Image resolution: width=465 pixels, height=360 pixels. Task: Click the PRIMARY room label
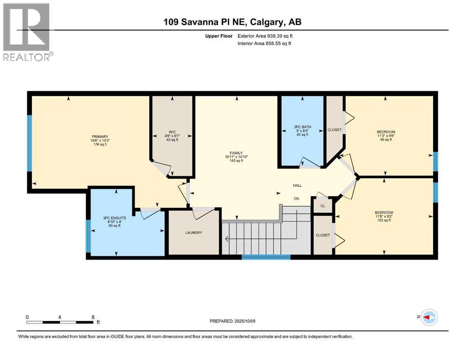click(100, 137)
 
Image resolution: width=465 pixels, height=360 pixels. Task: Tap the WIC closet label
click(172, 132)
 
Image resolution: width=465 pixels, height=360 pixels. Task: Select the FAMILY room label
click(236, 153)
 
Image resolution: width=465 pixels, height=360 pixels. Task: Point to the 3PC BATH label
click(302, 127)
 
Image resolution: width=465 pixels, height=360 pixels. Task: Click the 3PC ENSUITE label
click(114, 218)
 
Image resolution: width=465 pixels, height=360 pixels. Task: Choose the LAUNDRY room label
click(194, 232)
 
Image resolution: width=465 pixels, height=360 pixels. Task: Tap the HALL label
click(297, 186)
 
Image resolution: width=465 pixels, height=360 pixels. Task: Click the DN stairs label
click(296, 199)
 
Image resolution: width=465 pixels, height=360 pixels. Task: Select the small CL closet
click(323, 206)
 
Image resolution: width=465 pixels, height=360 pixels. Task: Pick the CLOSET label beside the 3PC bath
click(334, 130)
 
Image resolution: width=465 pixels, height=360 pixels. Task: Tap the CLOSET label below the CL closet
click(323, 235)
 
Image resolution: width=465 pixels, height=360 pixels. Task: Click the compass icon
click(429, 317)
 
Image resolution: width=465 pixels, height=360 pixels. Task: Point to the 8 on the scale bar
click(93, 317)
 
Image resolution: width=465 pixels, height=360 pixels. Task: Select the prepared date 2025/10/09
click(244, 321)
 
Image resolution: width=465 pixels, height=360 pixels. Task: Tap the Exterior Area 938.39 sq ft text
click(265, 36)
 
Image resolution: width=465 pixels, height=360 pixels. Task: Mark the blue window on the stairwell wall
click(266, 257)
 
